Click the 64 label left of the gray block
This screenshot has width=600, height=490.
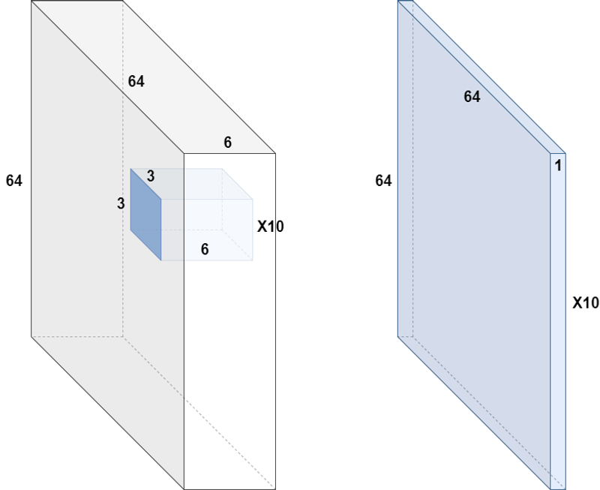(x=14, y=180)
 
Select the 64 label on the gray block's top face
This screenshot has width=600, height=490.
(x=136, y=81)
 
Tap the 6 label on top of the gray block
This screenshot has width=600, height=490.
(x=228, y=143)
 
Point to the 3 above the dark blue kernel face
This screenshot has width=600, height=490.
(x=151, y=176)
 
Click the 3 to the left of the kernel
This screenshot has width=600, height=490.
(x=121, y=203)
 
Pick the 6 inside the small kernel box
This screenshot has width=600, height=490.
(x=205, y=249)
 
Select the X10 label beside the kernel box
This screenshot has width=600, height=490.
(x=271, y=227)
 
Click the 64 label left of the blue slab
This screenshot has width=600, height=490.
(x=383, y=180)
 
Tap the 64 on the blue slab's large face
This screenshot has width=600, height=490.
(x=472, y=97)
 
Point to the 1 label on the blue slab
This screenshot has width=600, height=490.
(x=558, y=165)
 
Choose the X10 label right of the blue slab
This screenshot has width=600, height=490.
(x=586, y=303)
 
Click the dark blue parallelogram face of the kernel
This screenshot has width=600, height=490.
(x=145, y=215)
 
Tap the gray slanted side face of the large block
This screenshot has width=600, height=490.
(x=107, y=245)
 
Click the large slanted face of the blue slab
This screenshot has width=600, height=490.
(x=474, y=245)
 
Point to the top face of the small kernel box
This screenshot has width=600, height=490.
(x=191, y=184)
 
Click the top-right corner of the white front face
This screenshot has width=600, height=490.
(x=275, y=153)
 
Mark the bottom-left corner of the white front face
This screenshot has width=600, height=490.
(x=184, y=489)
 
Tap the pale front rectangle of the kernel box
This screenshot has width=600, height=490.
(x=207, y=230)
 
